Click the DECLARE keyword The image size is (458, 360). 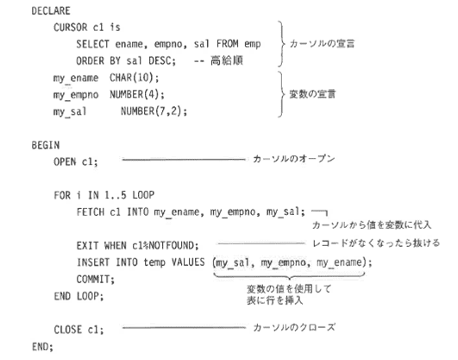(x=51, y=11)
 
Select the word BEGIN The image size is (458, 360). (x=46, y=145)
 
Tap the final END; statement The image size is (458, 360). (x=42, y=347)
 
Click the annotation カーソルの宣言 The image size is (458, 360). (x=322, y=44)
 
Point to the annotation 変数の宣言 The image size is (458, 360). (x=312, y=94)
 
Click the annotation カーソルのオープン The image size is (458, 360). (x=293, y=159)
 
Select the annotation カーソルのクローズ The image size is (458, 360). (x=294, y=327)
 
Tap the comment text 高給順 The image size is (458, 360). (x=227, y=60)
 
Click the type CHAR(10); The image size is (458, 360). (x=135, y=78)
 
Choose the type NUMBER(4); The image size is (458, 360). (x=137, y=94)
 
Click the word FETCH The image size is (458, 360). (x=91, y=212)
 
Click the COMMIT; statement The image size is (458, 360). (x=96, y=280)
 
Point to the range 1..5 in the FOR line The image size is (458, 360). (x=116, y=195)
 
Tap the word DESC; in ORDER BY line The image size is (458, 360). (x=162, y=60)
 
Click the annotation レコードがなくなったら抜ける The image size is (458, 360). (x=376, y=243)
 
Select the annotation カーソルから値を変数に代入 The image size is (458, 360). (x=372, y=224)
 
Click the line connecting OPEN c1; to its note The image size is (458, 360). (x=184, y=160)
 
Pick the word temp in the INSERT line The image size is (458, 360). (x=154, y=262)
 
